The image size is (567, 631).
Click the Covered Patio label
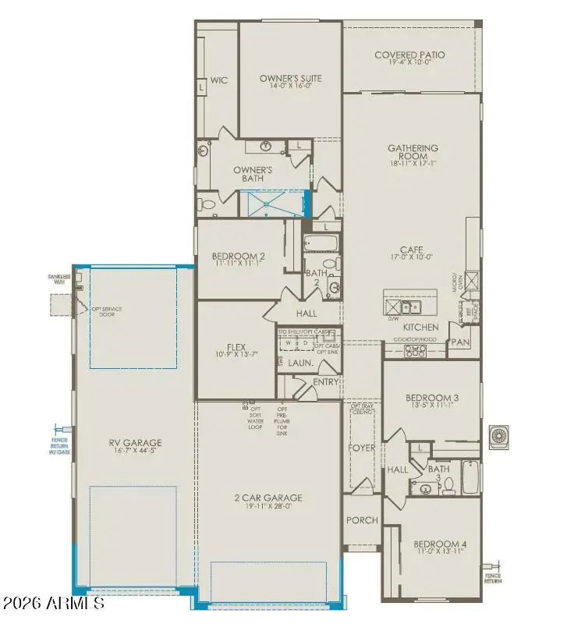[x=409, y=55]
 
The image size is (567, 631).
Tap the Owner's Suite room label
[x=290, y=79]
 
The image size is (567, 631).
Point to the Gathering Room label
[x=413, y=152]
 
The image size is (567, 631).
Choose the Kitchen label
[x=420, y=327]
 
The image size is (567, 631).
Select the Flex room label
[x=236, y=349]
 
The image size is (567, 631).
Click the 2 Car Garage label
[x=268, y=498]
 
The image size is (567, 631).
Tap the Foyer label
[x=362, y=448]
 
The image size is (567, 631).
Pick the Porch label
[x=361, y=520]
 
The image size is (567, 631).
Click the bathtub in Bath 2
[x=321, y=244]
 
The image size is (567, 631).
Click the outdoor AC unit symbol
[x=498, y=437]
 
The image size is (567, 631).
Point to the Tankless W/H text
[x=58, y=279]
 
